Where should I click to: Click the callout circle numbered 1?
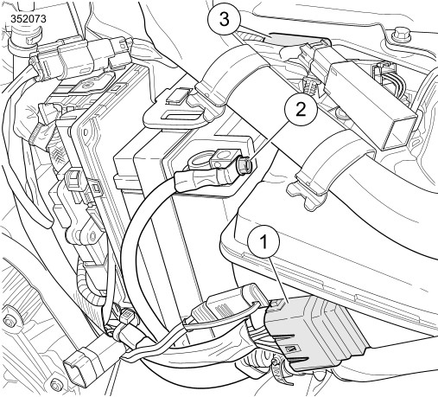[x=263, y=241]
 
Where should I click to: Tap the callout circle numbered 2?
[x=301, y=110]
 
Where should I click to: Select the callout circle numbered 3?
[x=224, y=20]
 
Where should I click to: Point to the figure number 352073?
[x=29, y=19]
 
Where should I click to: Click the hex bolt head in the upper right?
[x=400, y=33]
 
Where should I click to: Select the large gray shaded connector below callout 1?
[x=314, y=331]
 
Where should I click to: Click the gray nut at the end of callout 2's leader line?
[x=245, y=166]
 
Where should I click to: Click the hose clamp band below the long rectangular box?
[x=335, y=162]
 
